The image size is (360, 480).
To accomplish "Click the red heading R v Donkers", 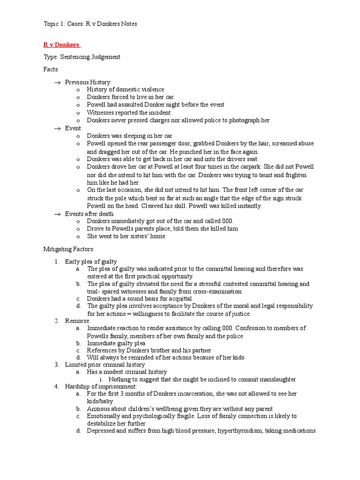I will click(61, 45).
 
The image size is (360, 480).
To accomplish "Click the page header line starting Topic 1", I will click(90, 24).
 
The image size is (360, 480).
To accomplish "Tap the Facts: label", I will click(52, 69).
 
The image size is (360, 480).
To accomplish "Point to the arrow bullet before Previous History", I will click(58, 82).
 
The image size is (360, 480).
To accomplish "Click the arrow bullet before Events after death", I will click(58, 214).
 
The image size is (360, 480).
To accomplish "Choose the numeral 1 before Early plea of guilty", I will click(56, 262).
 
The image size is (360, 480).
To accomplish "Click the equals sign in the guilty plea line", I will click(128, 314).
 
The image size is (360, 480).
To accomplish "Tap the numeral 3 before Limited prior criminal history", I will click(56, 365).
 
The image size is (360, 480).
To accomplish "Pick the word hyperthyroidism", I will click(240, 431).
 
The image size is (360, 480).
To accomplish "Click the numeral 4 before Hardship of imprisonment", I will click(56, 387).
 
